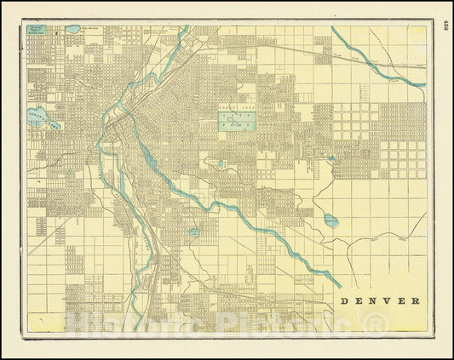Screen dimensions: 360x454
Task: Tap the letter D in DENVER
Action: click(345, 300)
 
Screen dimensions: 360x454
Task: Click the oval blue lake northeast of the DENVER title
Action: click(330, 220)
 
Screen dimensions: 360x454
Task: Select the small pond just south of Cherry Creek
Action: click(194, 231)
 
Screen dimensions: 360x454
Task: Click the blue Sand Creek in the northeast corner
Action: click(375, 60)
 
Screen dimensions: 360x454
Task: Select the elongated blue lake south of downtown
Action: click(150, 157)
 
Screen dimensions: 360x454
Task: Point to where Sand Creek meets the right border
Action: click(422, 83)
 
